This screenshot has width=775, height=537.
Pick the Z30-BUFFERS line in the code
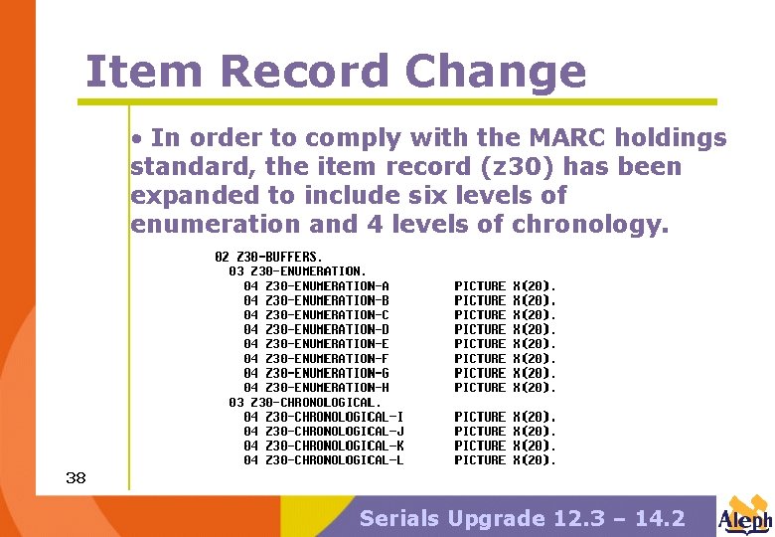tap(269, 257)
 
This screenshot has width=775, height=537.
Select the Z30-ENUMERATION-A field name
tap(327, 285)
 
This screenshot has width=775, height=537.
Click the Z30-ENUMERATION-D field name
tap(327, 329)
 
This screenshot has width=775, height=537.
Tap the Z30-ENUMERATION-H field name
tap(327, 387)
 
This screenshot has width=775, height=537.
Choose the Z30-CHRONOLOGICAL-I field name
tap(334, 417)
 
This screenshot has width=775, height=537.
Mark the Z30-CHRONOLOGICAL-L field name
tap(334, 460)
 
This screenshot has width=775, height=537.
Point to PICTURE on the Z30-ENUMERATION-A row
tap(480, 285)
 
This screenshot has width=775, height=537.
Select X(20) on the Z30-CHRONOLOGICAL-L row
tap(534, 460)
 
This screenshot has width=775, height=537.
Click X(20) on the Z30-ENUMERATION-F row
tap(534, 358)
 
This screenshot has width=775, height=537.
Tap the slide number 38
tap(76, 478)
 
